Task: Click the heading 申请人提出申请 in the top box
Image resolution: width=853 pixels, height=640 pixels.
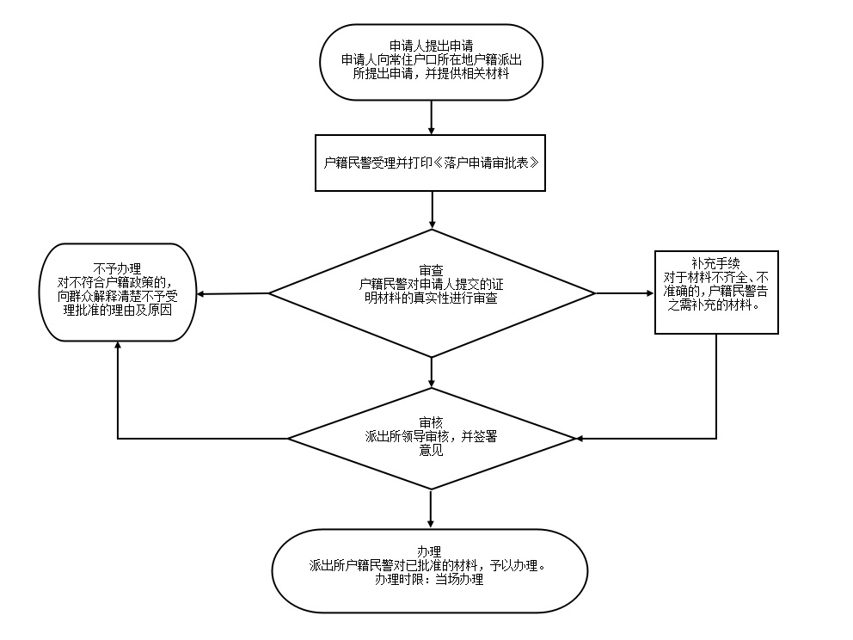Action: point(431,45)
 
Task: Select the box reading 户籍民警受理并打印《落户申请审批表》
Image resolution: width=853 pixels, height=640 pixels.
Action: point(431,162)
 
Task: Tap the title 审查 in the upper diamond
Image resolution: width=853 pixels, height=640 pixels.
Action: point(431,268)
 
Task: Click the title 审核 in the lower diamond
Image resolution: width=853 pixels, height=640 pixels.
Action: point(431,422)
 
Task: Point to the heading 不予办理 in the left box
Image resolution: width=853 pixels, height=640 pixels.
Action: point(116,268)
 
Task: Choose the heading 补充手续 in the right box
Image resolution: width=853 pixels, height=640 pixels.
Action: point(715,262)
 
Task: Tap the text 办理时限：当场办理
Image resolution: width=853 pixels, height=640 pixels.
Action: point(428,580)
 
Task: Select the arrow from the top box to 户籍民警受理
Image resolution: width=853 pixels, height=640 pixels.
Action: point(431,116)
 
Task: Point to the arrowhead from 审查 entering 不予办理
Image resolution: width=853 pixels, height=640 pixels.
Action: point(201,295)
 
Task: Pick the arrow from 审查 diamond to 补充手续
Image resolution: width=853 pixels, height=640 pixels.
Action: point(624,293)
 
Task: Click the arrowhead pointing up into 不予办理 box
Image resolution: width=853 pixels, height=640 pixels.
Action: point(118,344)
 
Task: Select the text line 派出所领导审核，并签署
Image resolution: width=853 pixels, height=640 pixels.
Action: point(431,436)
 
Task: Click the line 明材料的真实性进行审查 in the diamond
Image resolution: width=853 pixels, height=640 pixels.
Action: point(431,298)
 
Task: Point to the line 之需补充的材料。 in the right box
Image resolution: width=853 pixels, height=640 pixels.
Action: point(715,305)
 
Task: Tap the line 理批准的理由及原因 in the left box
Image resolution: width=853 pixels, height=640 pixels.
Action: point(116,310)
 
